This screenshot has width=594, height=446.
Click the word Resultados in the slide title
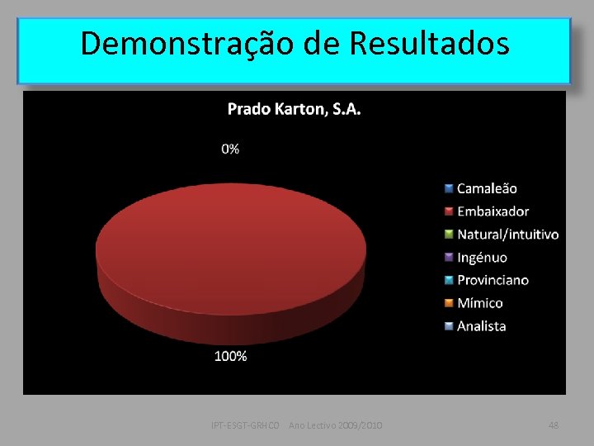(429, 43)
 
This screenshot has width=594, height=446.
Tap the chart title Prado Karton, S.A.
(294, 109)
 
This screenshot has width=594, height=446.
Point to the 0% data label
(230, 149)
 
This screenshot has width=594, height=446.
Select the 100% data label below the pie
(231, 357)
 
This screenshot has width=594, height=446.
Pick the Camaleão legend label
(487, 188)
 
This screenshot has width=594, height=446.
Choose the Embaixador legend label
(493, 211)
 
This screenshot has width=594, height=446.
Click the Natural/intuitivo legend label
(507, 235)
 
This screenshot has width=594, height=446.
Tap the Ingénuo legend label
(482, 257)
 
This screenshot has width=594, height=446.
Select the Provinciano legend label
(493, 280)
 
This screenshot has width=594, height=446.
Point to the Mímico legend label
(480, 303)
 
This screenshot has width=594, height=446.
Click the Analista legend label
(482, 326)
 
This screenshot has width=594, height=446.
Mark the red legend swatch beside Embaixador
(448, 211)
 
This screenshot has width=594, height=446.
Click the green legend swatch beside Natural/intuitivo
(448, 235)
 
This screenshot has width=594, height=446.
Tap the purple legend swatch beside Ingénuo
(448, 257)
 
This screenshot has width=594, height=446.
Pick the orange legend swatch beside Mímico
(448, 303)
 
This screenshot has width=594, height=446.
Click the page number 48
(554, 425)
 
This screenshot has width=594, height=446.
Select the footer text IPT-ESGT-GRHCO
(247, 425)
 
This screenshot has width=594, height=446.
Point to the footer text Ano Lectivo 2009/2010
(335, 425)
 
